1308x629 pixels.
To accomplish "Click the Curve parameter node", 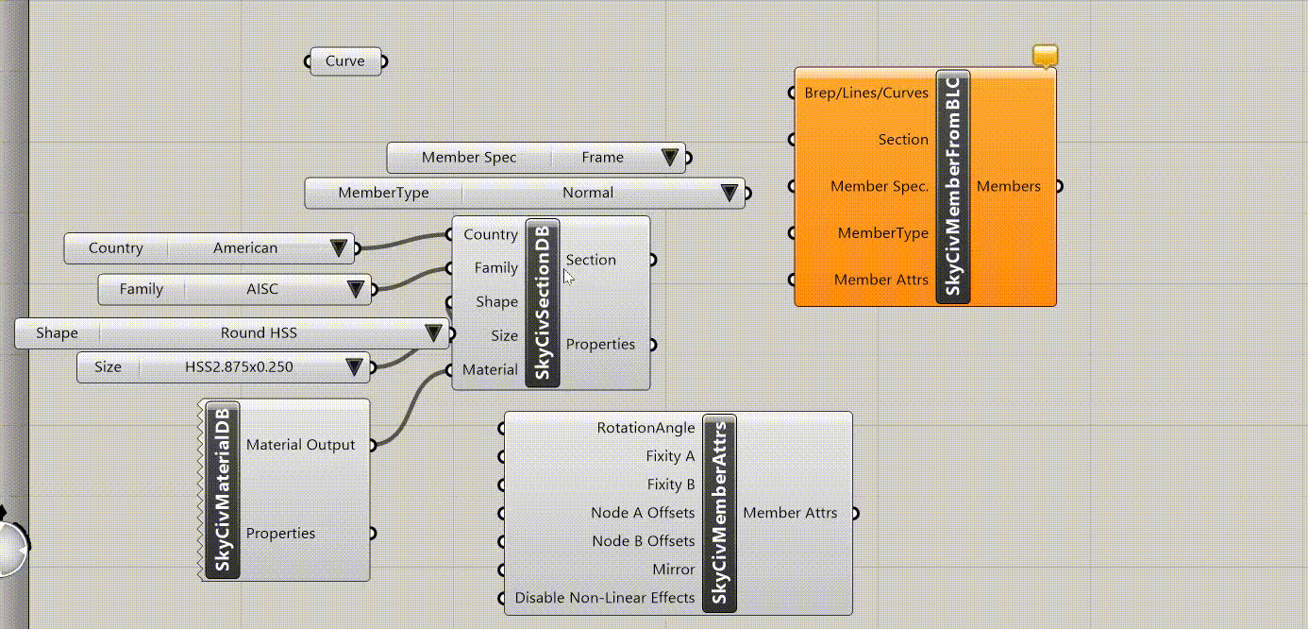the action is click(x=345, y=61).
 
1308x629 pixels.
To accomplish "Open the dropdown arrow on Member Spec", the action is click(x=670, y=157).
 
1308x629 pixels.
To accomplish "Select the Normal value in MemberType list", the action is click(x=587, y=193).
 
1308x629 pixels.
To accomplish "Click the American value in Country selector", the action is click(x=245, y=247).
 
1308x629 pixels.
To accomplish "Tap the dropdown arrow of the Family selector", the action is click(x=355, y=289).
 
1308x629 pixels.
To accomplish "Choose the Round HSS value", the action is click(x=259, y=332).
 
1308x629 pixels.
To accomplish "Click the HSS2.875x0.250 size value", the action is click(x=239, y=367).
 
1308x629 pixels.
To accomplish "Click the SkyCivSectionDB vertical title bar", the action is click(x=543, y=303).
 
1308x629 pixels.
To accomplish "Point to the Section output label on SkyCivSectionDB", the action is click(x=591, y=260).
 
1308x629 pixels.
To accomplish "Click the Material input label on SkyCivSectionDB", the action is click(x=490, y=369).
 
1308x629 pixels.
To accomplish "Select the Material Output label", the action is click(x=300, y=445).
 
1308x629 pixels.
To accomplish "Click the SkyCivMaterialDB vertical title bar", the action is click(x=223, y=490).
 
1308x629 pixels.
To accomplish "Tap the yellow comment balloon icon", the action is click(x=1046, y=56).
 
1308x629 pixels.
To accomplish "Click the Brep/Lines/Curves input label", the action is click(x=866, y=93).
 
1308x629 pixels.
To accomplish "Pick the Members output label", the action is click(x=1009, y=186).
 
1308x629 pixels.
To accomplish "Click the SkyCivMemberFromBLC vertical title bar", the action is click(x=953, y=187).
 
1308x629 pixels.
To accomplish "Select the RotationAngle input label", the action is click(x=646, y=428).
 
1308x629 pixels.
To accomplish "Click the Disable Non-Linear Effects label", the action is click(x=605, y=598).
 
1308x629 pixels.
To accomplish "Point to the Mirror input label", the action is click(x=673, y=569).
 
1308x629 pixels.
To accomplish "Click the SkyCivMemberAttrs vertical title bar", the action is click(x=719, y=513).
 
